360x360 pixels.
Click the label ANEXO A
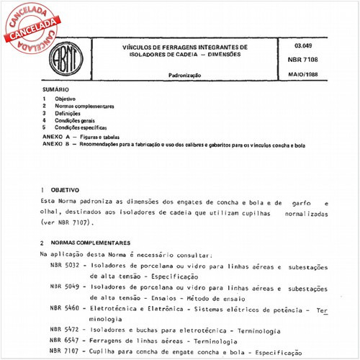(x=55, y=136)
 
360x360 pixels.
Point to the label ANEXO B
(x=55, y=145)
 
